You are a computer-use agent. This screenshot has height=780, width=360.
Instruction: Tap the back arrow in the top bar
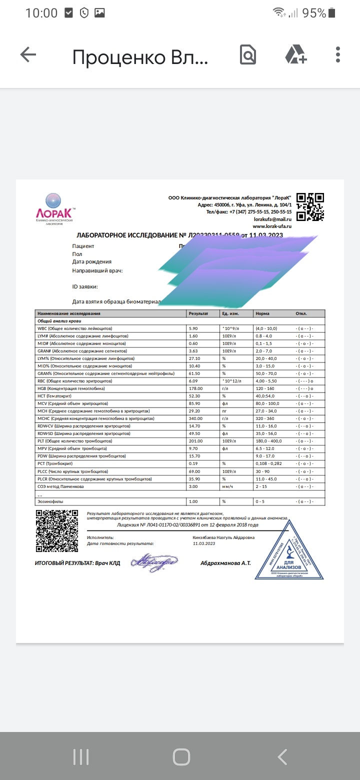click(x=28, y=55)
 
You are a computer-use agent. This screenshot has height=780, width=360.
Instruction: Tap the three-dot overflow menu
click(x=338, y=55)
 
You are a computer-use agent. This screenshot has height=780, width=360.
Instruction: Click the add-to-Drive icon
click(x=296, y=55)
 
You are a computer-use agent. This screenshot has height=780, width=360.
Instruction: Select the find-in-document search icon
click(x=248, y=55)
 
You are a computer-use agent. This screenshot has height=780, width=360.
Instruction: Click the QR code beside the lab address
click(x=310, y=206)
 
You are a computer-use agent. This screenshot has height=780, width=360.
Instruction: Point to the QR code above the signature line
click(x=56, y=530)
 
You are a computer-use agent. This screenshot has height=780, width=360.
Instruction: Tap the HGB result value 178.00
click(x=196, y=388)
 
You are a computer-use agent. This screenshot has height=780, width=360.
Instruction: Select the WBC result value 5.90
click(x=193, y=328)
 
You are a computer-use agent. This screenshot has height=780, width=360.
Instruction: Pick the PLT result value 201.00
click(x=196, y=441)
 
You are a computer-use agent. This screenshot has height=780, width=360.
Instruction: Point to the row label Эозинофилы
click(x=50, y=501)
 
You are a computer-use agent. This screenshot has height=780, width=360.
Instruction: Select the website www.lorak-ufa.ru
click(x=272, y=226)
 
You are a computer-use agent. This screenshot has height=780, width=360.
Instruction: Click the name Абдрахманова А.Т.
click(x=225, y=563)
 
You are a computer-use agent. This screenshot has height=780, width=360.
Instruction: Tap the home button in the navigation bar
click(x=181, y=756)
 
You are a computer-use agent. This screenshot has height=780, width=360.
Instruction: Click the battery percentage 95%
click(x=314, y=13)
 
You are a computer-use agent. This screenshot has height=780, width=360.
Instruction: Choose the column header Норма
click(x=262, y=313)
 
